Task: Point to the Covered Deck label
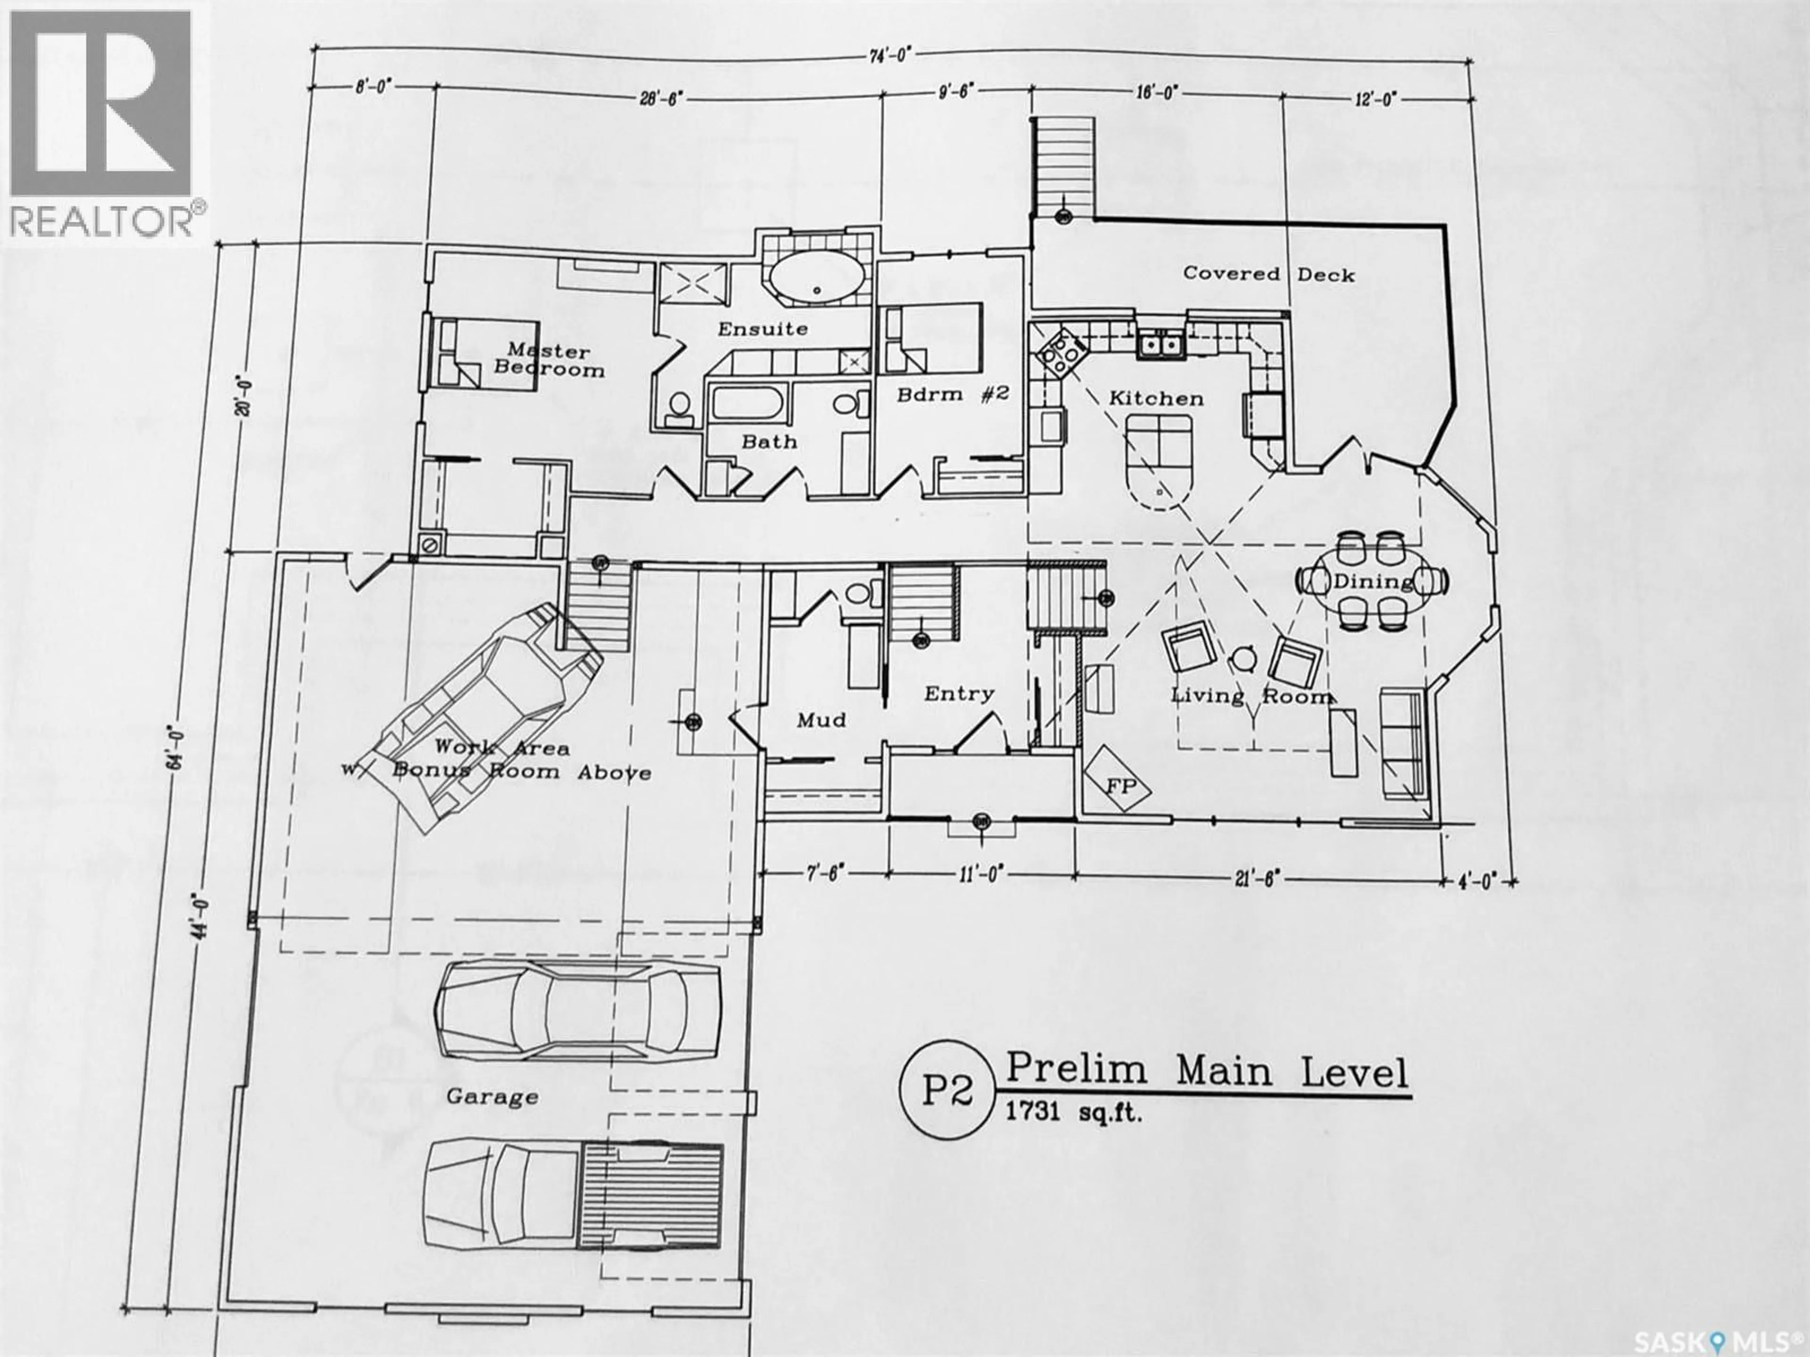(x=1268, y=274)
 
